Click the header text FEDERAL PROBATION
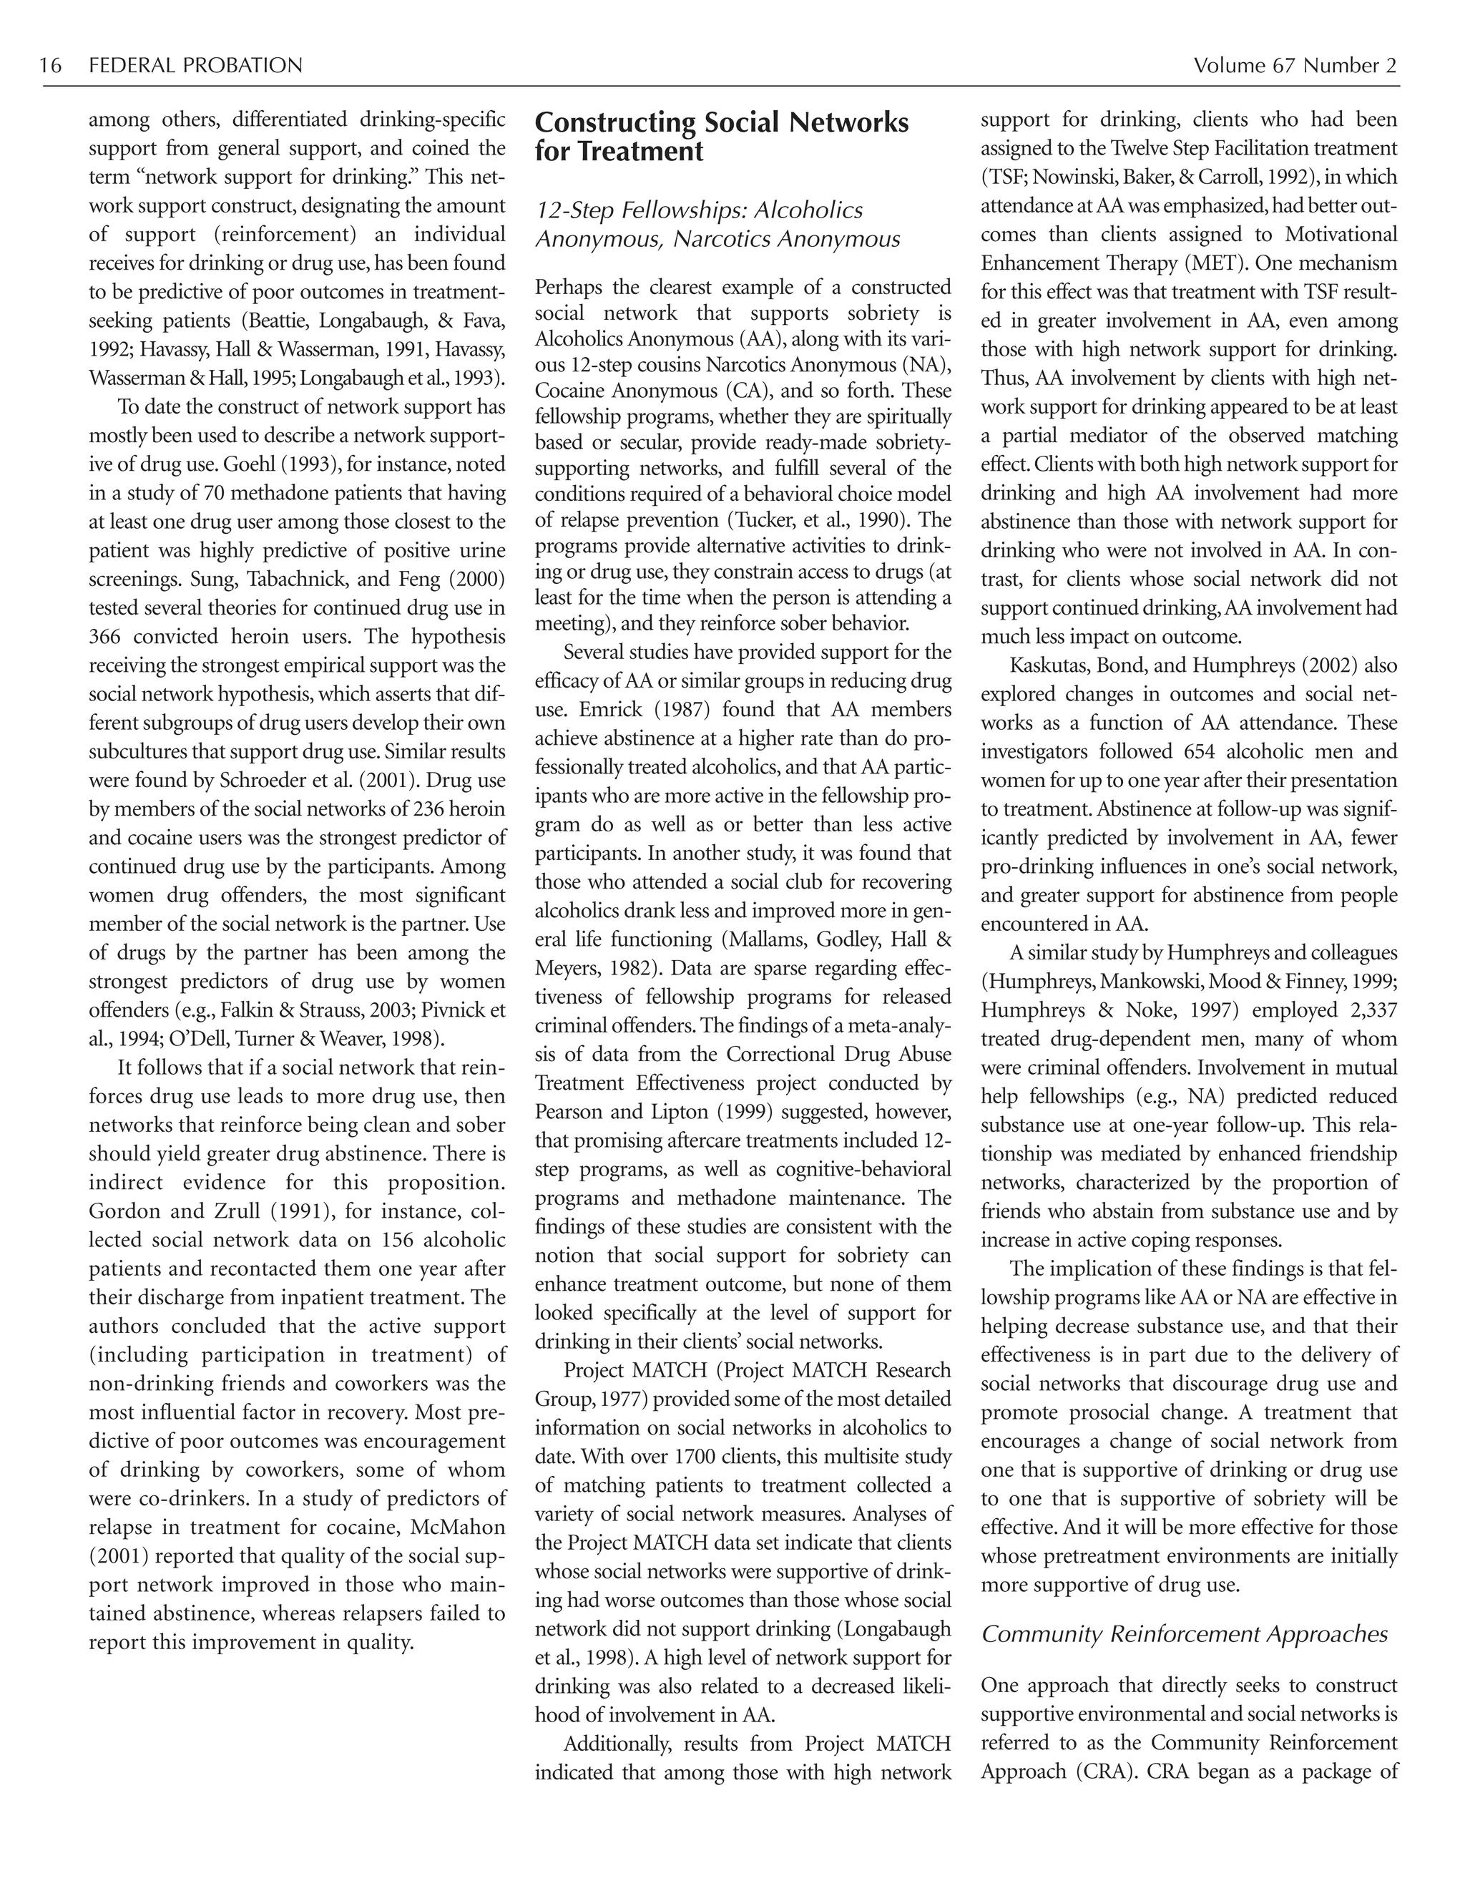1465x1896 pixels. tap(195, 66)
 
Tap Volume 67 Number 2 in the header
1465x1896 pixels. tap(1295, 66)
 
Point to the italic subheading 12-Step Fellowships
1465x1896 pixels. tap(699, 211)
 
